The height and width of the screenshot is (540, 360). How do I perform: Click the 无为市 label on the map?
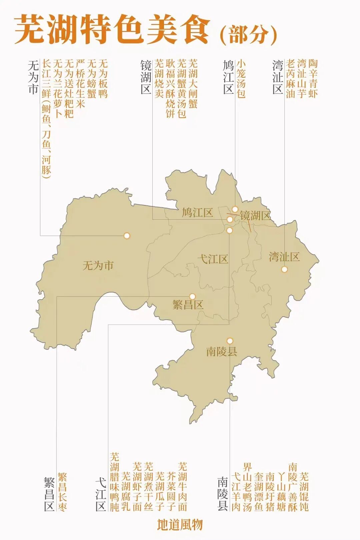point(98,266)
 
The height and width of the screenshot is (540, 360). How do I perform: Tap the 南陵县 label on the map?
point(222,351)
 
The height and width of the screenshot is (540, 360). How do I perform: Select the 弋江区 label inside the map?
point(213,259)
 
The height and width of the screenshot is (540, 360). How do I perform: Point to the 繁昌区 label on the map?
point(188,305)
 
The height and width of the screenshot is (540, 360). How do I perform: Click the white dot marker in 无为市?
point(127,236)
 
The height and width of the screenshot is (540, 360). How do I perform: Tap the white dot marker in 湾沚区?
point(284,269)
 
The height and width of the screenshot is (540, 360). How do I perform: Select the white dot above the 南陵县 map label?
point(230,341)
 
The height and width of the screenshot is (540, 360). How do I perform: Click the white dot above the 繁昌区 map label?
point(192,296)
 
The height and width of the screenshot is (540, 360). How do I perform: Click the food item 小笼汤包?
point(241,79)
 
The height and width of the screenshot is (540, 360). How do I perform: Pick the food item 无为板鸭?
point(103,79)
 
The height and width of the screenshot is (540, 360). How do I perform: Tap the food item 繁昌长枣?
point(62,492)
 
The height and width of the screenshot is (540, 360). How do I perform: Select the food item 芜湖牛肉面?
point(182,487)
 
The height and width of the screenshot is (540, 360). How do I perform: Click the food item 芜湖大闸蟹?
point(193,84)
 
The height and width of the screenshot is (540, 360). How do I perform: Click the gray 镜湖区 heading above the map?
point(146,77)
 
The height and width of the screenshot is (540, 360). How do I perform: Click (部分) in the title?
point(249,35)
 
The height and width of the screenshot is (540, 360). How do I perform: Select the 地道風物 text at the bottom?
point(180,525)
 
